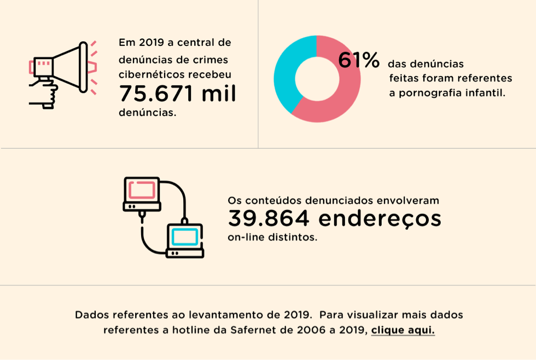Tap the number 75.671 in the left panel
click(x=156, y=94)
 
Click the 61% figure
click(x=359, y=60)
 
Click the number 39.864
click(x=269, y=219)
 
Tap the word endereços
click(x=380, y=219)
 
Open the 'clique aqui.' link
click(x=403, y=330)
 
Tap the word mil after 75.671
click(x=219, y=94)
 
